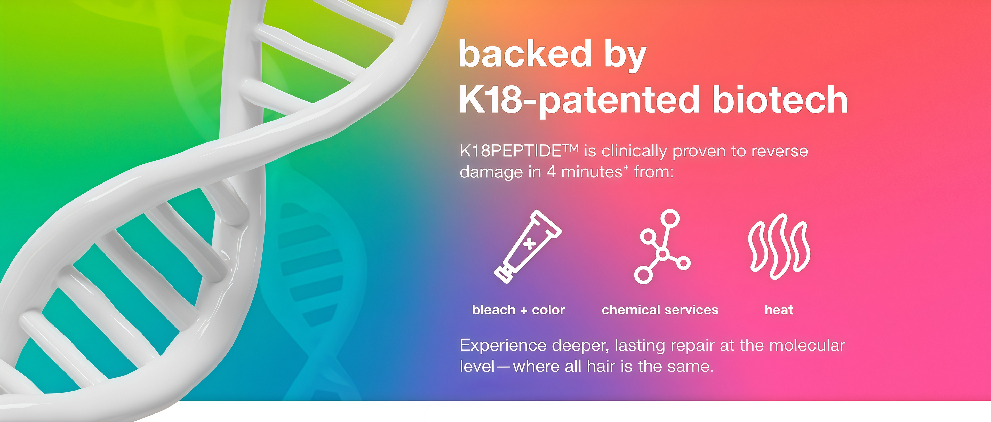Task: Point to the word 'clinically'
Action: (x=634, y=152)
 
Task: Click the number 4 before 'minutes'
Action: (x=551, y=172)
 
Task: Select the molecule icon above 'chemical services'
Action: (x=662, y=246)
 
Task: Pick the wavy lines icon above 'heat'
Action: (x=779, y=246)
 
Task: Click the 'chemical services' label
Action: (x=660, y=310)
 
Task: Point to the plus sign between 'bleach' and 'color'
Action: (x=524, y=310)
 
